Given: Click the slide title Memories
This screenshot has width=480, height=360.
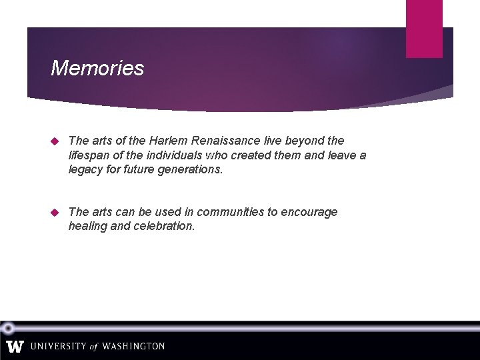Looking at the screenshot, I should (97, 68).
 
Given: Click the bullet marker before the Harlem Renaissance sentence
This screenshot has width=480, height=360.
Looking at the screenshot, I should (55, 141).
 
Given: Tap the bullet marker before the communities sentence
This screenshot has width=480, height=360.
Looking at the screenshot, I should (55, 213).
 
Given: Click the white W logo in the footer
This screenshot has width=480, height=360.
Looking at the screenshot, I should (15, 347).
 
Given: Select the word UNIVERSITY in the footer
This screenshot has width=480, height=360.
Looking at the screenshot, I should (57, 347).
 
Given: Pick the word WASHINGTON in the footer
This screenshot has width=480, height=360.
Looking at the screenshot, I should (133, 347).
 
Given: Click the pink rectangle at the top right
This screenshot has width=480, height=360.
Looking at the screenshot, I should (424, 29).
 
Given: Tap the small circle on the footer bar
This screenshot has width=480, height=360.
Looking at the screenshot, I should (8, 328).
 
